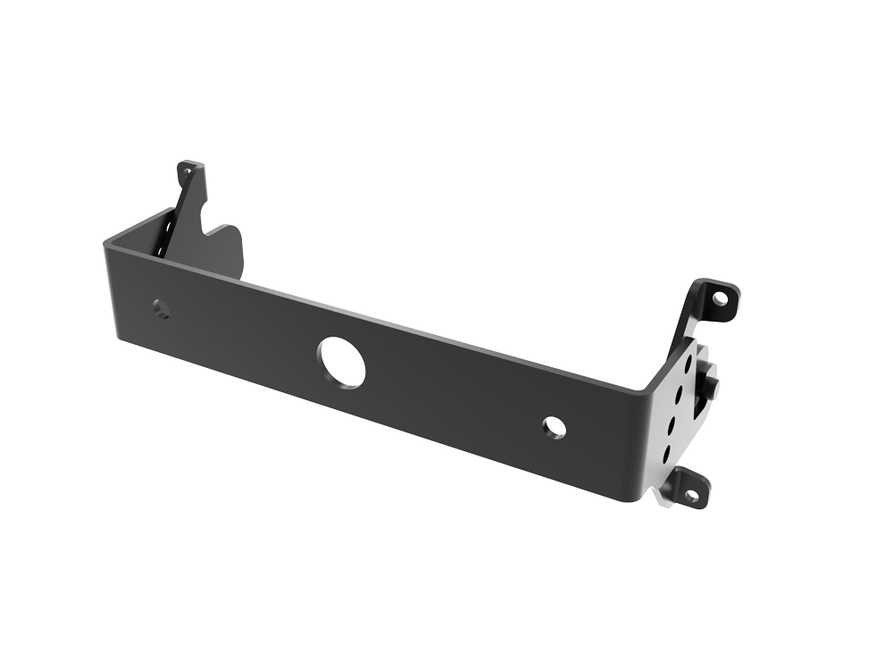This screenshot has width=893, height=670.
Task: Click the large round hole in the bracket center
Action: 343,362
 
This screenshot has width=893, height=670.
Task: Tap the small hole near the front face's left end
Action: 161,308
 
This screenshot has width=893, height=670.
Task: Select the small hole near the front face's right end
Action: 554,427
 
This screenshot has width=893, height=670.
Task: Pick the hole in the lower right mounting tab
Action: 690,493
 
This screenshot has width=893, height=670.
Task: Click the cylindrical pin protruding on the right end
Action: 711,387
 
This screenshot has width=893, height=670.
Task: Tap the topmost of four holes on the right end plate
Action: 688,364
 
